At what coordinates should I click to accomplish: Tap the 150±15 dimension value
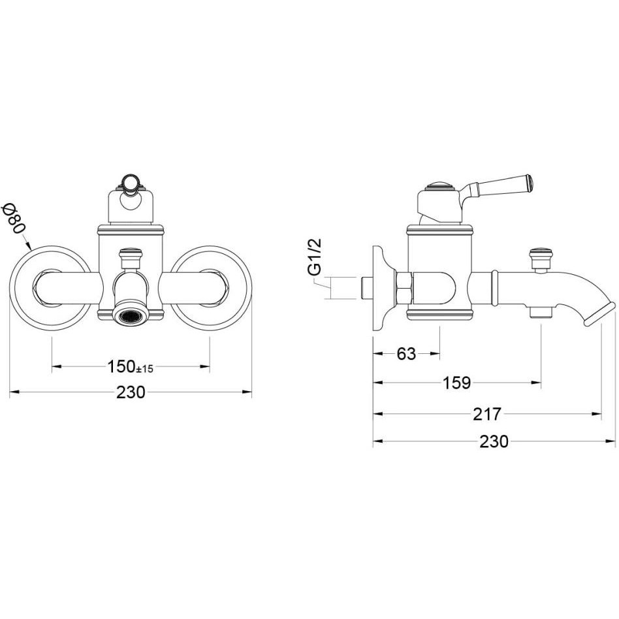click(131, 367)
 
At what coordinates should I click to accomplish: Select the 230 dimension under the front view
click(131, 392)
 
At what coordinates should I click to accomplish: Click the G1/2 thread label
click(315, 257)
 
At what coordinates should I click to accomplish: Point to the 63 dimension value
click(406, 354)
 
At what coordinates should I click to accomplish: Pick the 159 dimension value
click(457, 383)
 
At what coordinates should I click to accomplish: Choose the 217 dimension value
click(486, 414)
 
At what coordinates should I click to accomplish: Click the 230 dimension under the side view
click(494, 441)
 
